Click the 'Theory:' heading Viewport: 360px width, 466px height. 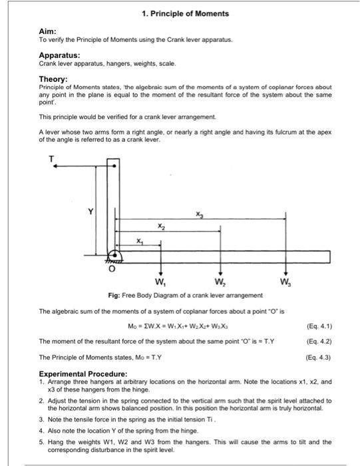tap(53, 79)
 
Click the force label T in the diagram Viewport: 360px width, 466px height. tap(50, 158)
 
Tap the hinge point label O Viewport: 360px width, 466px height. tap(112, 270)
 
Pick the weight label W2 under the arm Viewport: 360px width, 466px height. tap(220, 280)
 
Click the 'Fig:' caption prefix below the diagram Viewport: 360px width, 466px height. tap(114, 295)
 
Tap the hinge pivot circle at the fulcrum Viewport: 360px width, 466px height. tap(116, 254)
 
